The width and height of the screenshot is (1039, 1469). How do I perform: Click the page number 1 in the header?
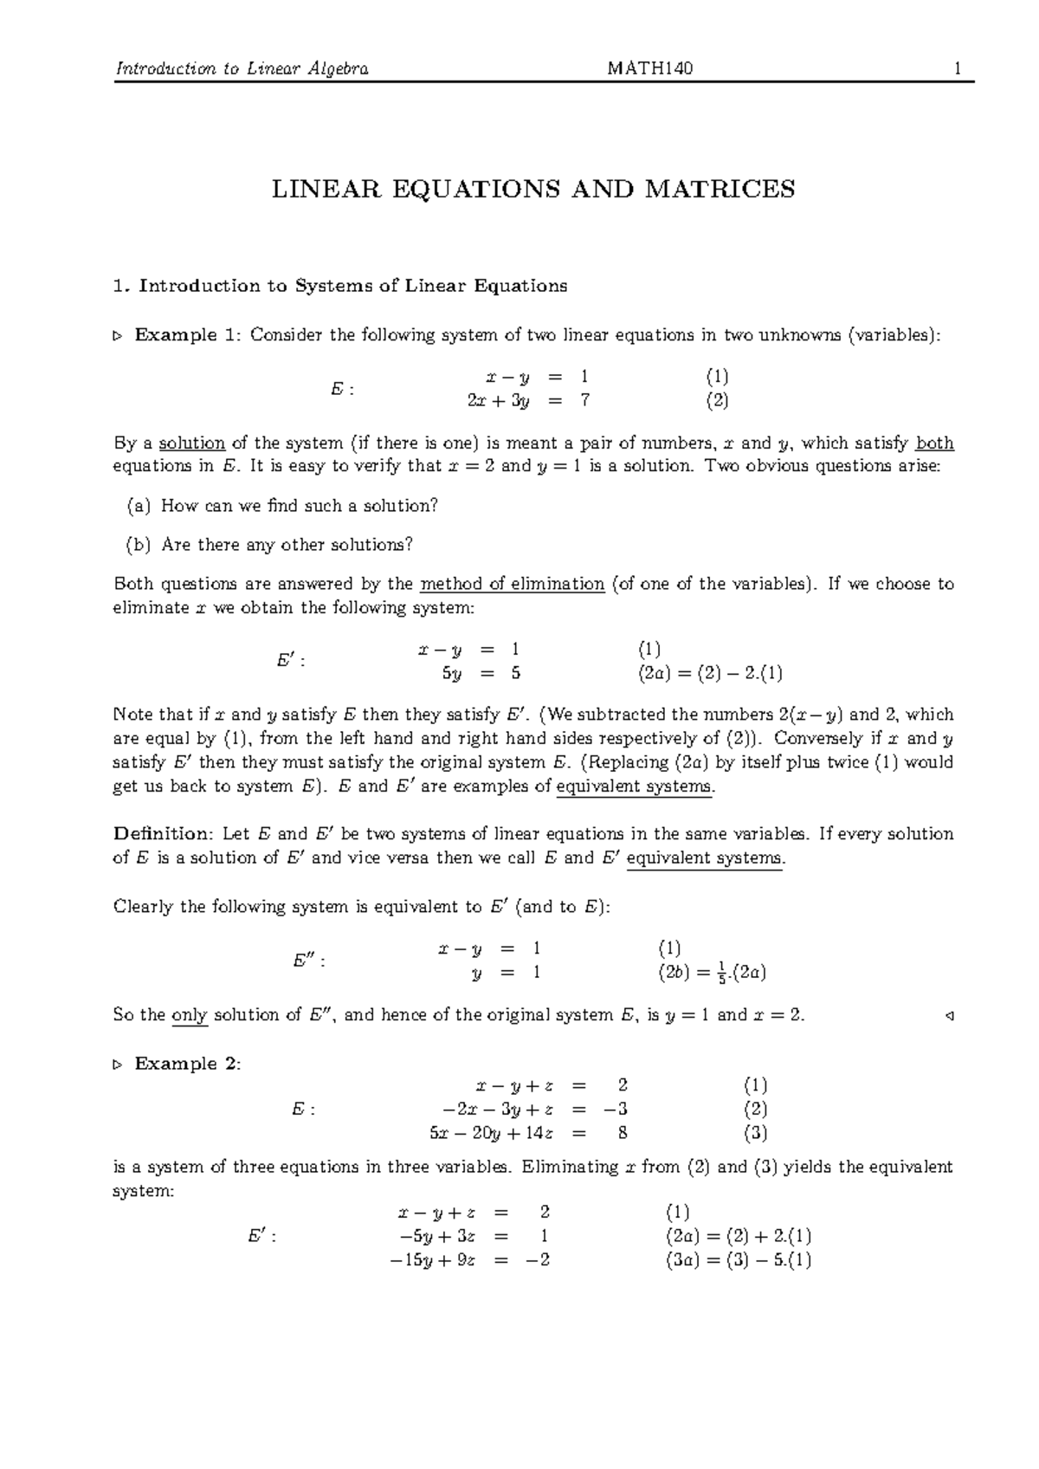pos(958,69)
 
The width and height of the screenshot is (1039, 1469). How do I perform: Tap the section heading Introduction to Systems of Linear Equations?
pos(352,286)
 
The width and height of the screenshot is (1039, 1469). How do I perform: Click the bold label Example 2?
pos(187,1064)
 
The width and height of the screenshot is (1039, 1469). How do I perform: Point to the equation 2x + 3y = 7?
pos(528,401)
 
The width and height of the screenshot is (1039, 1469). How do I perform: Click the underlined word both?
pos(935,443)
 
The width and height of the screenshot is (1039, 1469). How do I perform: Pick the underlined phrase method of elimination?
pos(512,584)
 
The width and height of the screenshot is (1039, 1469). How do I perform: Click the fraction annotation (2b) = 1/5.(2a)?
pos(712,973)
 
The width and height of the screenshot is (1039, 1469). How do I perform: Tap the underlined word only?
pos(190,1015)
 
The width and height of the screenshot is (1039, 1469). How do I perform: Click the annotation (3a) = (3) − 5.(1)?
pos(738,1260)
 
